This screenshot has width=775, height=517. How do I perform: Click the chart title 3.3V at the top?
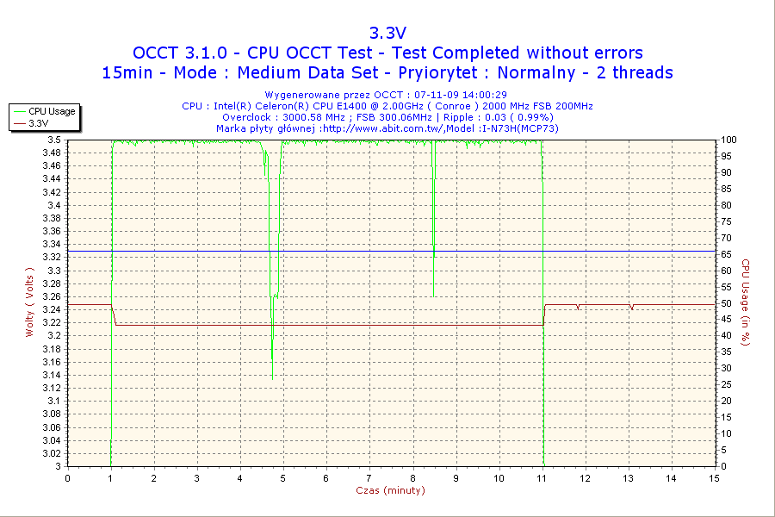387,33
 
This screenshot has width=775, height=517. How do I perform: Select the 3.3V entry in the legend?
39,123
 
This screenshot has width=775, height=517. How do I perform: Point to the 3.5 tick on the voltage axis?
54,140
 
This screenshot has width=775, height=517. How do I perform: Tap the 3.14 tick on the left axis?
52,375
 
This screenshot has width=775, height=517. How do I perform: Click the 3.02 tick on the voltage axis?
52,453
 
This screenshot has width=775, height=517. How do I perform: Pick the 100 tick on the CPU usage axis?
728,140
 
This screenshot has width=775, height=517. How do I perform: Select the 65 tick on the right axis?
725,254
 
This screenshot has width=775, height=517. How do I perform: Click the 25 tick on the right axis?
725,385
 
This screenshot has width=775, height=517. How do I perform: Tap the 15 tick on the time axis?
714,477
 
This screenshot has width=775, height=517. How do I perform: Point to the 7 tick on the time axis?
369,477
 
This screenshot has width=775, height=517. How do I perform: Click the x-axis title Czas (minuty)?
390,490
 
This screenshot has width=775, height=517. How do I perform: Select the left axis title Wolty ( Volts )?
30,302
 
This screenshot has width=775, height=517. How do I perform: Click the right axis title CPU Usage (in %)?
746,302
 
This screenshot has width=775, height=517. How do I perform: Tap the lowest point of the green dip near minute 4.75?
272,379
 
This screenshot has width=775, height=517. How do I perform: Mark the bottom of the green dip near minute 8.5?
434,256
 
